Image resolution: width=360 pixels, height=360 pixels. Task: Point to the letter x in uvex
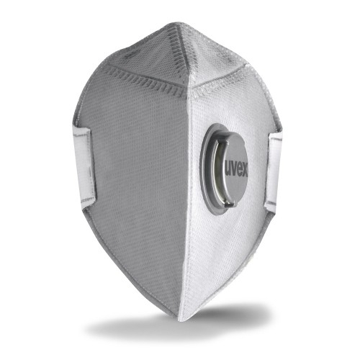[x=245, y=172]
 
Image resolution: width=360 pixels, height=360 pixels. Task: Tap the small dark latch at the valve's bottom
[x=230, y=204]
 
